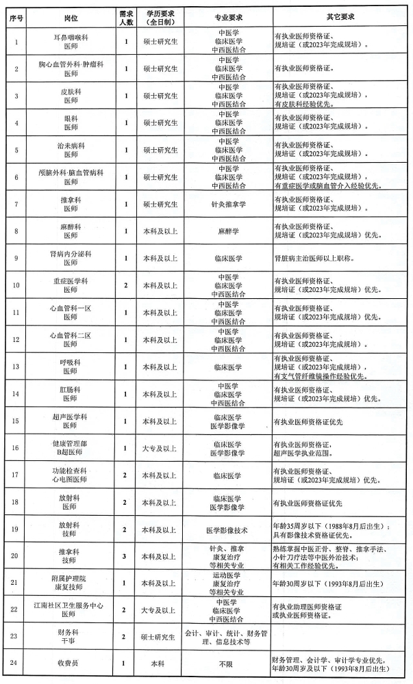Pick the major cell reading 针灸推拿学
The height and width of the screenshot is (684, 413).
(x=228, y=204)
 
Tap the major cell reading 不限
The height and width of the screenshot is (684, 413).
(x=228, y=663)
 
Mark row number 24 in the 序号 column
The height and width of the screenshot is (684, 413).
(x=16, y=663)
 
